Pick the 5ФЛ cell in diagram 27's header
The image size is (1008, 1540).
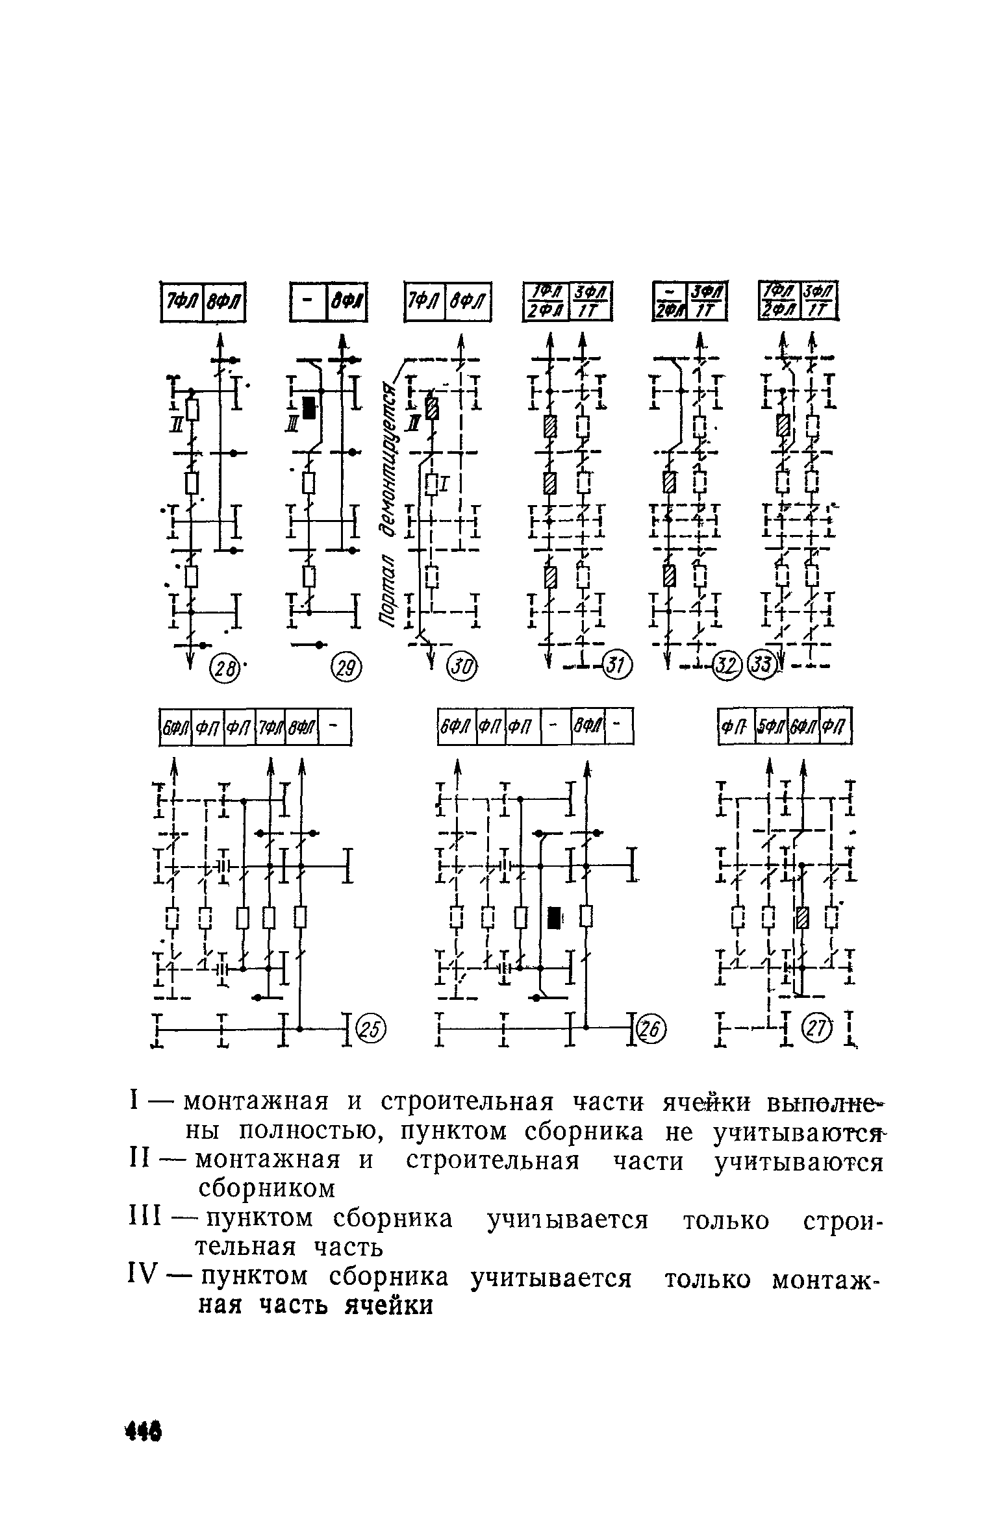point(771,727)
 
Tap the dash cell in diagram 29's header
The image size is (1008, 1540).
point(308,301)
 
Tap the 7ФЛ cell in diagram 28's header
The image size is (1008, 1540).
point(182,301)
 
